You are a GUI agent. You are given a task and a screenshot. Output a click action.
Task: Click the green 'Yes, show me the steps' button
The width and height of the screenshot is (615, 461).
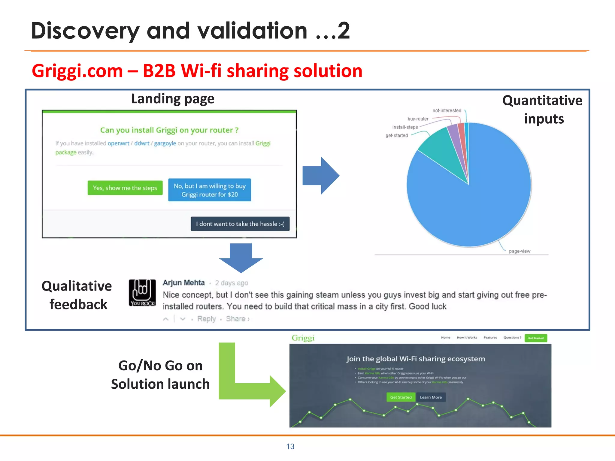click(125, 188)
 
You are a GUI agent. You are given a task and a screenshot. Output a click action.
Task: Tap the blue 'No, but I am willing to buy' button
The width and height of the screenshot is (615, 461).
click(210, 190)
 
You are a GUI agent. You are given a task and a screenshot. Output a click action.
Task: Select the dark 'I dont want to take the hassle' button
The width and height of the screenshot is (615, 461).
click(240, 224)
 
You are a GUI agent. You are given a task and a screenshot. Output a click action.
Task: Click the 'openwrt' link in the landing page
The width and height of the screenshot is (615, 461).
click(118, 143)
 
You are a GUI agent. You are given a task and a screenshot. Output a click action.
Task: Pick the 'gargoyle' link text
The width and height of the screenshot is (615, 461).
click(165, 143)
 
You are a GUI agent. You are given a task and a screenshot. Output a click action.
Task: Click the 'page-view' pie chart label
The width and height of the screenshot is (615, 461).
click(520, 251)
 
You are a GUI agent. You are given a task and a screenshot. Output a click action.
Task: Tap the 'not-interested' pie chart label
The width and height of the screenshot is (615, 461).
click(447, 110)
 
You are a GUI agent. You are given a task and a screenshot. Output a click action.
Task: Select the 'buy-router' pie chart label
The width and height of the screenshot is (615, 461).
click(418, 119)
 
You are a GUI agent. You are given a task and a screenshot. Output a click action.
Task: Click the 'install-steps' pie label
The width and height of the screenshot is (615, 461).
click(405, 127)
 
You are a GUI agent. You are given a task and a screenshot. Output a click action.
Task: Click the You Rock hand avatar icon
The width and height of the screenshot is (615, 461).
click(142, 293)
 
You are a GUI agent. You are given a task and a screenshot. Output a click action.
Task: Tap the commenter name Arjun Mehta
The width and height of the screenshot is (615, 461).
click(183, 283)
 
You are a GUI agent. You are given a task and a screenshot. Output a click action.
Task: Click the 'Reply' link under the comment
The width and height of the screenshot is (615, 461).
click(206, 319)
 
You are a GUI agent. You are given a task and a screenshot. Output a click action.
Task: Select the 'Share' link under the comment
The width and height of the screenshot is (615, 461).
click(236, 319)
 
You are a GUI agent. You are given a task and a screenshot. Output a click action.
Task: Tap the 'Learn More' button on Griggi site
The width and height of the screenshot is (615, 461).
click(431, 397)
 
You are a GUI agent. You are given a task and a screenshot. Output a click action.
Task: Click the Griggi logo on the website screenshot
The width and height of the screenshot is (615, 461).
click(303, 338)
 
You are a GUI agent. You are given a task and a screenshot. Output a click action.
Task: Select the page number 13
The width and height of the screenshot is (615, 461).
click(290, 447)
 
